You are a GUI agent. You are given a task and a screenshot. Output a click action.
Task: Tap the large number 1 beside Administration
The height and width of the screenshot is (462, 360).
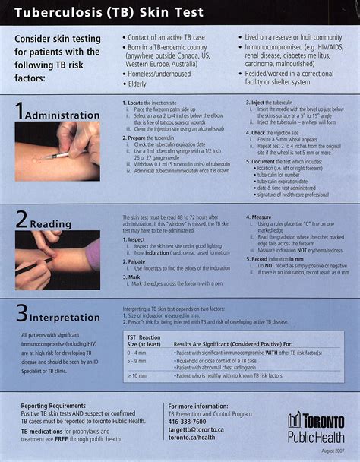coord(19,111)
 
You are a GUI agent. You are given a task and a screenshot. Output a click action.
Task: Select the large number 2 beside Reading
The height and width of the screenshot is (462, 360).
coord(21,222)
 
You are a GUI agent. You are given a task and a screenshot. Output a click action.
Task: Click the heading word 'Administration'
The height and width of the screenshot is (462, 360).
coord(62,115)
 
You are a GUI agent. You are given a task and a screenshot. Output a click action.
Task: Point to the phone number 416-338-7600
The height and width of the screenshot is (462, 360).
coord(187,421)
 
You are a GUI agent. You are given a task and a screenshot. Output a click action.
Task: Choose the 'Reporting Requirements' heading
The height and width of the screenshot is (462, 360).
coord(54,407)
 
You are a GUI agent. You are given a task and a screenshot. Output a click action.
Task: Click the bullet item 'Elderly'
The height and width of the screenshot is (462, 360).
coord(138,84)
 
